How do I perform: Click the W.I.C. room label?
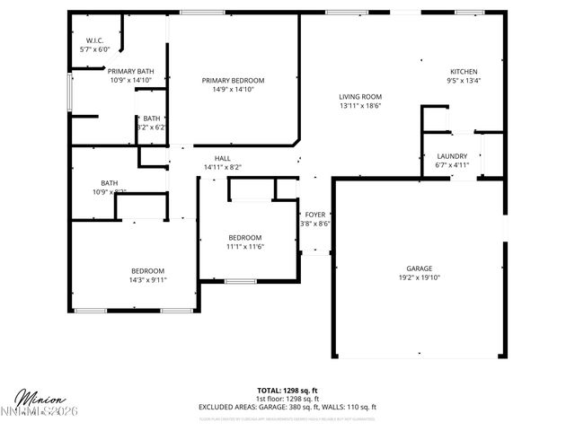(x=94, y=41)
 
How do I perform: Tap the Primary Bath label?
(x=131, y=71)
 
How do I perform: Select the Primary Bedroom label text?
(x=233, y=80)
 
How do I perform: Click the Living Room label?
(x=360, y=97)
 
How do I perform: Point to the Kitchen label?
(x=464, y=72)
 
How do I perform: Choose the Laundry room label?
(x=452, y=156)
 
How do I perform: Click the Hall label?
(x=222, y=158)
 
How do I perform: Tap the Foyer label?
(x=314, y=215)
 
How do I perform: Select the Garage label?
(x=420, y=268)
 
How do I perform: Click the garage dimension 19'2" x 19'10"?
(x=420, y=277)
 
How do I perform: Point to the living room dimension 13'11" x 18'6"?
(x=360, y=106)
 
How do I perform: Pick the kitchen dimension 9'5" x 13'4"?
(x=464, y=81)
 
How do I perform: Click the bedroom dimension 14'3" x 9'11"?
(x=148, y=280)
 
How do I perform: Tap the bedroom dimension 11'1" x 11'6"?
(x=245, y=246)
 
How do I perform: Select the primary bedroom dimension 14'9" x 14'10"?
(x=233, y=89)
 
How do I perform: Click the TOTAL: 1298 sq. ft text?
(x=287, y=391)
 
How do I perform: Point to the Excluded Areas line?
(x=287, y=407)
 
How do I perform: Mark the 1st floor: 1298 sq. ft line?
(x=287, y=399)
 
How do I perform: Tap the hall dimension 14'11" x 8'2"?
(x=222, y=167)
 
